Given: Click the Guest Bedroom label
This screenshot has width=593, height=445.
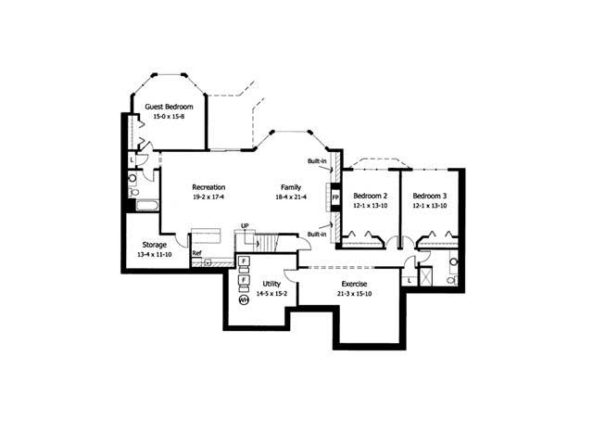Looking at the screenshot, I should coord(168,107).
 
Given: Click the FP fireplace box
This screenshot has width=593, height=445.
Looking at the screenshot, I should coord(335,197).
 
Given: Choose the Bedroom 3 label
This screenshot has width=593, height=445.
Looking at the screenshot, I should coord(430,196).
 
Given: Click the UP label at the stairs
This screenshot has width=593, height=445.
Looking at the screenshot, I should coord(245,225).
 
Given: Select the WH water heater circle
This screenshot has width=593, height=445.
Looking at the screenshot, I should coord(244,300).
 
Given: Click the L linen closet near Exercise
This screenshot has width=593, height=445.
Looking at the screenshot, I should coord(409,280).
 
